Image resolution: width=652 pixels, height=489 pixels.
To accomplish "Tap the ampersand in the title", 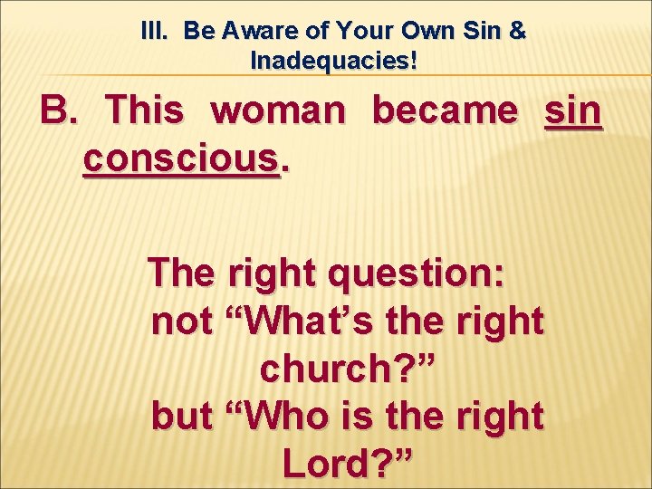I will pos(517,31).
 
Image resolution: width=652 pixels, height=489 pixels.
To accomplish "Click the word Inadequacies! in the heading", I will pos(334,62).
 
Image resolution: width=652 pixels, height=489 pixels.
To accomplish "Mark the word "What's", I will pos(313,321).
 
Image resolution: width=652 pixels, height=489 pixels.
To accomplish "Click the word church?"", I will pos(348,369).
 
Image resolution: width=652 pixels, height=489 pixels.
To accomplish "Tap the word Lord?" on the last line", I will pos(348,464).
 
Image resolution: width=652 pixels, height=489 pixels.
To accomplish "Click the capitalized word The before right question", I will pos(187,273).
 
